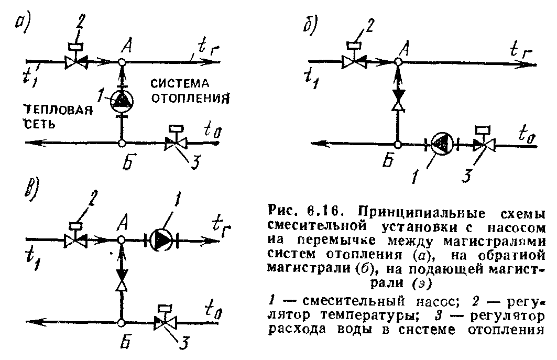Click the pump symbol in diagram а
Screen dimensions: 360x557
point(122,100)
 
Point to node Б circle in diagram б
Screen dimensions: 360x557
point(397,144)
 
